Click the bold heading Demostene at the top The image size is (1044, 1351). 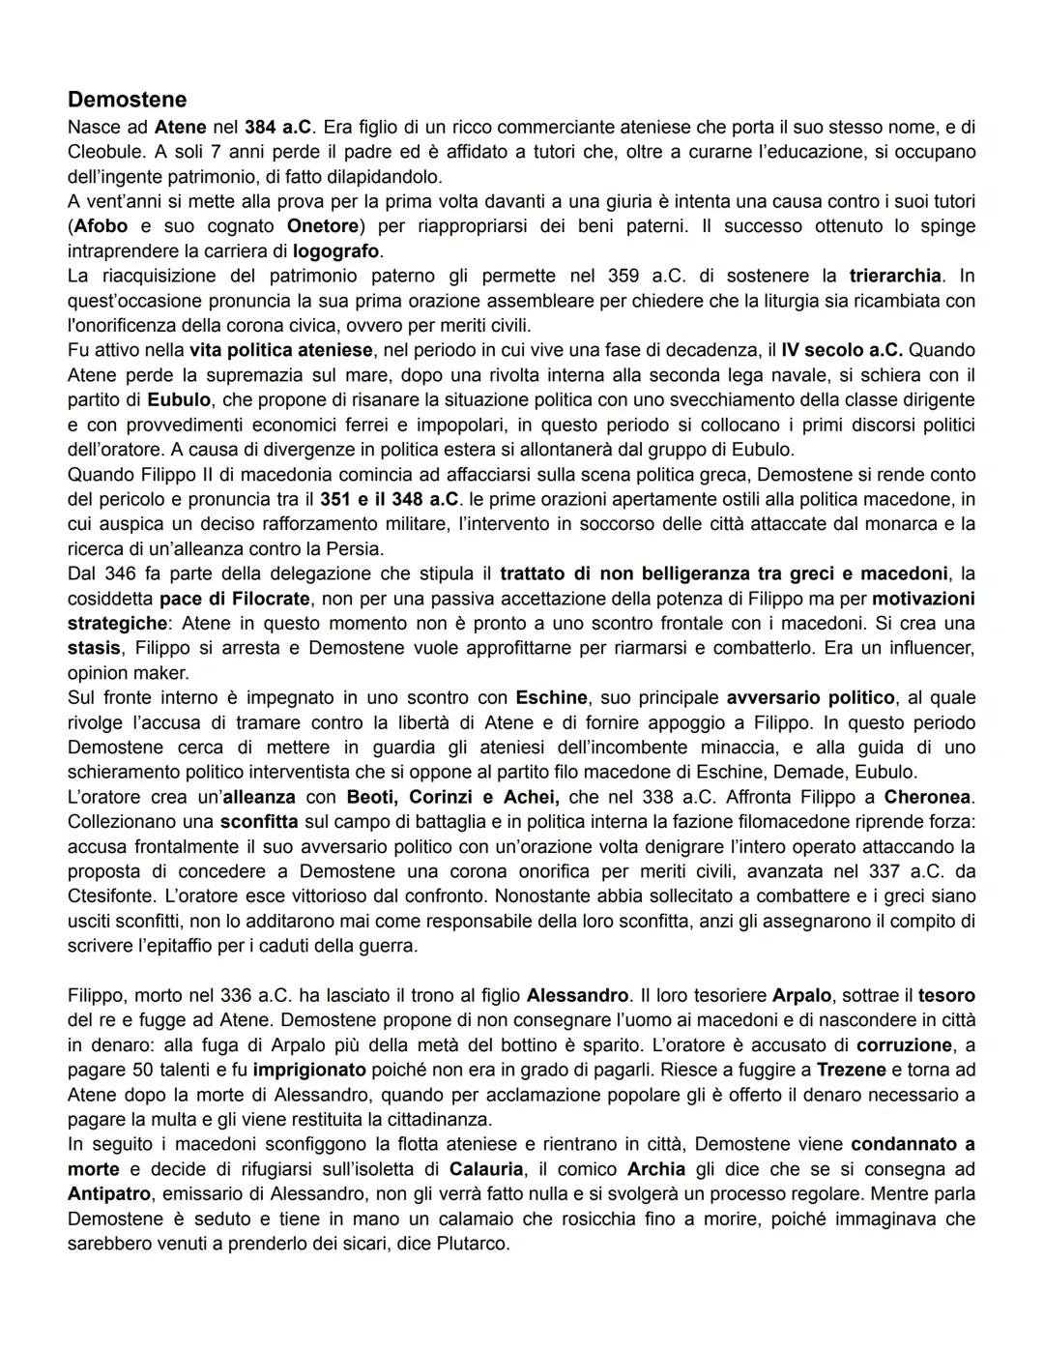(x=127, y=100)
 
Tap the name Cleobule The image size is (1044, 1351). (x=105, y=152)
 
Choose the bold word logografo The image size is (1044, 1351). (x=335, y=250)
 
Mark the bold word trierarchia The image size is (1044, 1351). (x=894, y=276)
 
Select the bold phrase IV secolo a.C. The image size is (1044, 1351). (x=844, y=349)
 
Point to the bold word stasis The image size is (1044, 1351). (x=94, y=647)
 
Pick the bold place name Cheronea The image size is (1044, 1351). (x=929, y=798)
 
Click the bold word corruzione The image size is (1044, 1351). (x=904, y=1045)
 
